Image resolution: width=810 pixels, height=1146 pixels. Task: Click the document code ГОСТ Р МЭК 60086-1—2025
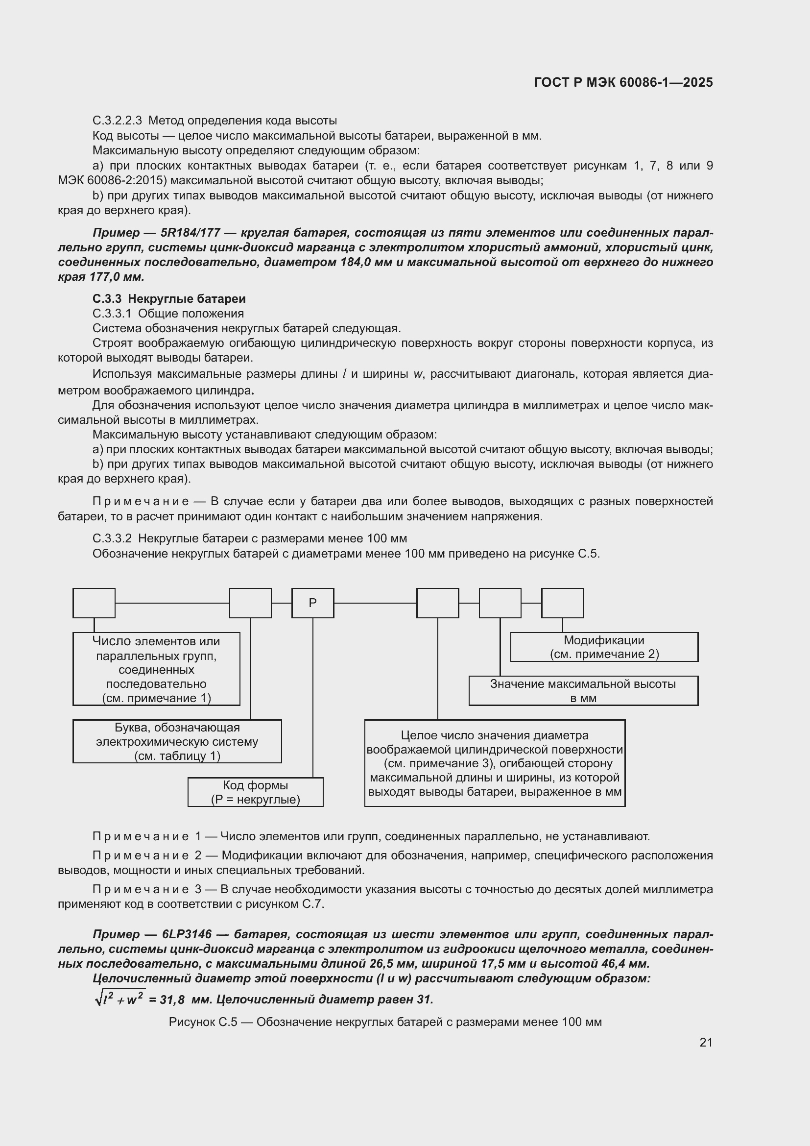pos(623,82)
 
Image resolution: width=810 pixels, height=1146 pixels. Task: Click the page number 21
pos(706,1042)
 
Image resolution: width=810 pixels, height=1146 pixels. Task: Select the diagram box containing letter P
pos(313,603)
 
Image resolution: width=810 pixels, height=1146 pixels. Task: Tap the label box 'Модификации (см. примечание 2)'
pos(604,647)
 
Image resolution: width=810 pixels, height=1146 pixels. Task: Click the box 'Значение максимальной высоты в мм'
pos(583,691)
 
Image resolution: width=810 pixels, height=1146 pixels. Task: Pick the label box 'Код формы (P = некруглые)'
pos(255,792)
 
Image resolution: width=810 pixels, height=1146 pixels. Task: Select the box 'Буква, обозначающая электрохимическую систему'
pos(177,741)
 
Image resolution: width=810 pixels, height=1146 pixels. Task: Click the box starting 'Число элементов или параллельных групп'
pos(156,669)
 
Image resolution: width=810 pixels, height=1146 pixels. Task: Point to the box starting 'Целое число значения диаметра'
pos(495,763)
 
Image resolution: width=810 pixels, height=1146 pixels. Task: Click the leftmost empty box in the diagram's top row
pos(94,603)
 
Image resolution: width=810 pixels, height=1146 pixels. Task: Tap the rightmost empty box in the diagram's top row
pos(562,603)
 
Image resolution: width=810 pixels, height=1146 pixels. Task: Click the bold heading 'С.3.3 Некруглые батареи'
pos(169,299)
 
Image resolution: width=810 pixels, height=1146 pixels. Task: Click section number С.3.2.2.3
pos(117,121)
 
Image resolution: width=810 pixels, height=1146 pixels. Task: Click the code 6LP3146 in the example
pos(187,934)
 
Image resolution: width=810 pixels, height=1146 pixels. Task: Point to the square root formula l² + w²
pos(120,999)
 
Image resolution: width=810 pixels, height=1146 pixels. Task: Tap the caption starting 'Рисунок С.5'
pos(385,1022)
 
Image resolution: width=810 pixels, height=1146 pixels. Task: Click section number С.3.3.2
pos(112,538)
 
